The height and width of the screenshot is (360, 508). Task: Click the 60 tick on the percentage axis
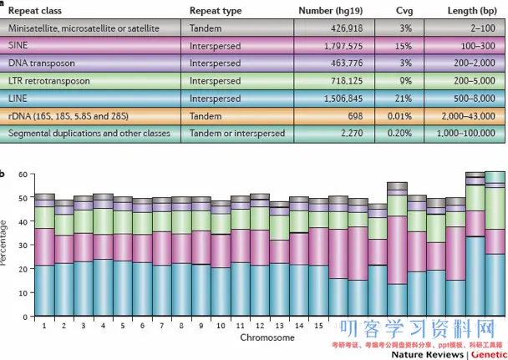[x=24, y=174]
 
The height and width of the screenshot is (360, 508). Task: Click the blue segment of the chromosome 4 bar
[x=104, y=284]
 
